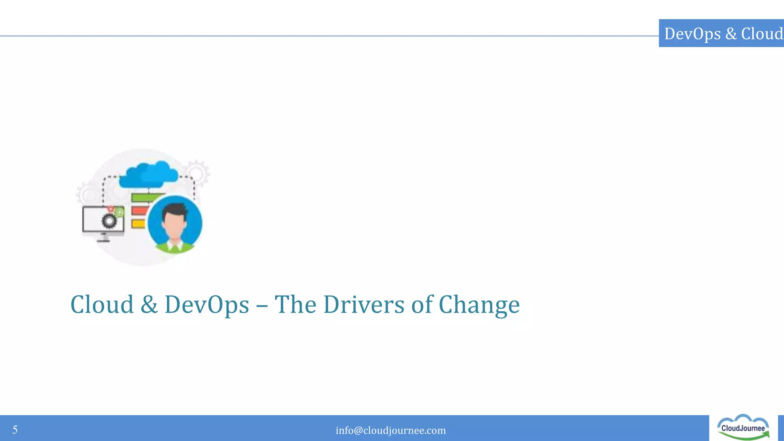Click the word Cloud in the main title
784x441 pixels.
[102, 305]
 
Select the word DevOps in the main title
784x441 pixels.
[207, 305]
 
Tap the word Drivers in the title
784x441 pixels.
[364, 305]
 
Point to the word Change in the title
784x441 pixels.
[479, 305]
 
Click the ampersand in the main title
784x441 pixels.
[149, 305]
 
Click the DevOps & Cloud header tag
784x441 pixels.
[722, 33]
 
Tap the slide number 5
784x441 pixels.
[15, 430]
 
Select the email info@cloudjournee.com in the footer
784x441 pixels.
[390, 430]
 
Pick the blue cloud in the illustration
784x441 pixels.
[149, 175]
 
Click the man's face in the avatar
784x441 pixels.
[174, 226]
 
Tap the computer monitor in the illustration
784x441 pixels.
[103, 220]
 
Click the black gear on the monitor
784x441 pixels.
[109, 221]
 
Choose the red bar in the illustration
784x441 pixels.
[139, 211]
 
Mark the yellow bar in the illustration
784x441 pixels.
[138, 224]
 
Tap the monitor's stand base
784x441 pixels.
[103, 240]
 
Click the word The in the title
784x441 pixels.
[295, 305]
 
